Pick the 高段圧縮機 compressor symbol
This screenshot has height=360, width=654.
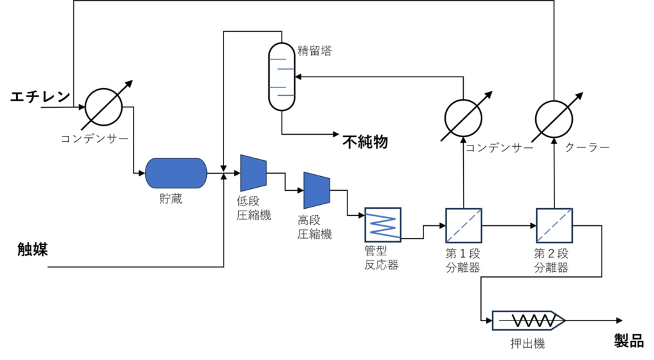point(316,190)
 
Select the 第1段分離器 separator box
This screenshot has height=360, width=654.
point(463,225)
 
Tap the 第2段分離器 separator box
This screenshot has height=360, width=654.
point(553,225)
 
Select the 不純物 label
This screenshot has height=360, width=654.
point(365,141)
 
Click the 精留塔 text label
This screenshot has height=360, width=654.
point(315,52)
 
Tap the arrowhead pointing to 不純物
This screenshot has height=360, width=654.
point(336,134)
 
